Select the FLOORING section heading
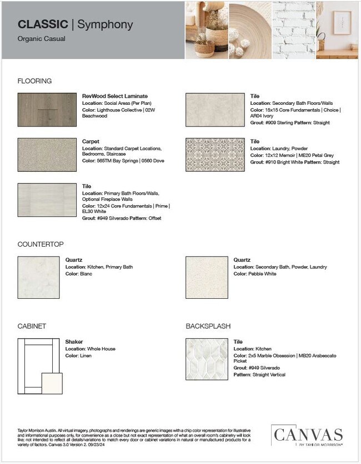click(34, 81)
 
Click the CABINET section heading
click(32, 326)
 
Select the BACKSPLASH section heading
click(208, 326)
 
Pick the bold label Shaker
click(74, 342)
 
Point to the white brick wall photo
click(293, 29)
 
